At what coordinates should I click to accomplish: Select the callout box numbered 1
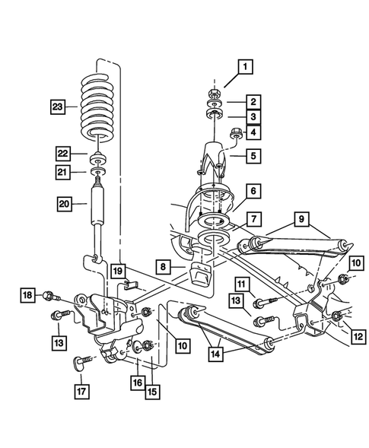[246, 68]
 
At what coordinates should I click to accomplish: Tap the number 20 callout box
[65, 203]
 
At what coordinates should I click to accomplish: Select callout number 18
[27, 295]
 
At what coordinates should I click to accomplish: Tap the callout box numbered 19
[116, 270]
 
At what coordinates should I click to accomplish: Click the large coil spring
[99, 106]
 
